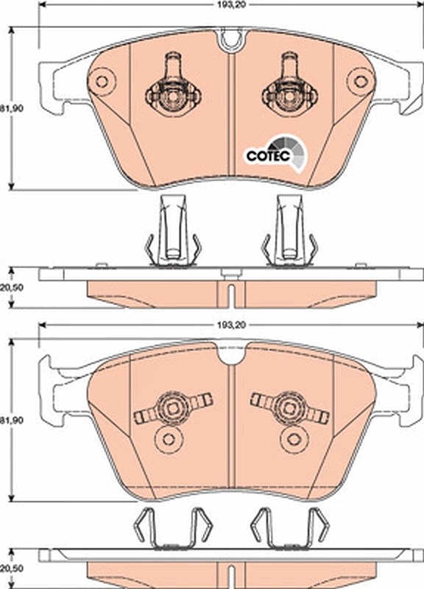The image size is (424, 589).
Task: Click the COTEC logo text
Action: (268, 155)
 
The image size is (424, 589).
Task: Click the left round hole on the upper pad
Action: (101, 81)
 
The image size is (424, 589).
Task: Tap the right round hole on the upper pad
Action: (361, 81)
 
